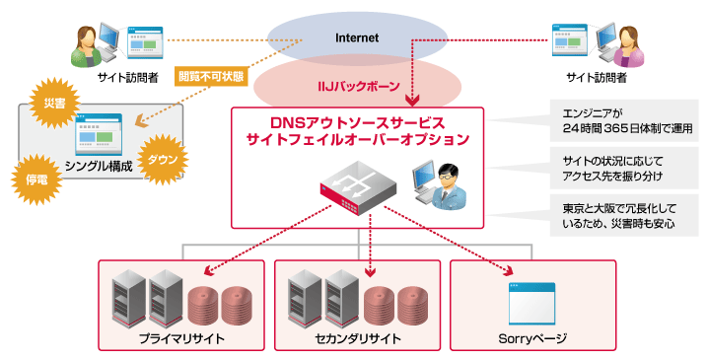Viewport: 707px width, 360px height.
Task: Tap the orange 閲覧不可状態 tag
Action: pos(210,75)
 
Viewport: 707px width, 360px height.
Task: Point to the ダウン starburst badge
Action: pos(164,158)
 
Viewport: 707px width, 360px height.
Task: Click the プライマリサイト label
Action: pos(181,339)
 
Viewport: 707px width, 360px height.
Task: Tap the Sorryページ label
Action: pos(531,339)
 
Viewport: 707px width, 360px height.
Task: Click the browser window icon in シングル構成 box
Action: pos(99,134)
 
